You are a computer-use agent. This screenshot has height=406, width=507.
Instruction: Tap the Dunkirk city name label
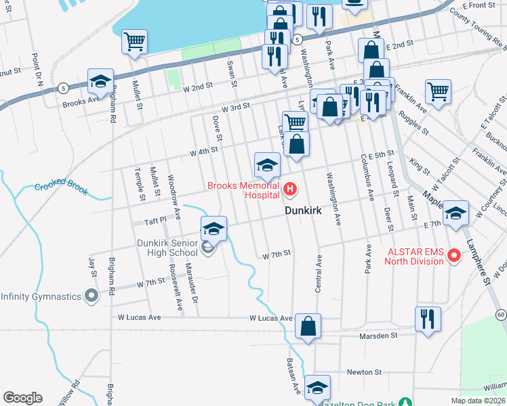click(x=302, y=211)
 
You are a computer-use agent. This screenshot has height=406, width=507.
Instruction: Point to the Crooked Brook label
click(x=62, y=187)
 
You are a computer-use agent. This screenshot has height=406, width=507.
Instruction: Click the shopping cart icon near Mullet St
click(x=134, y=42)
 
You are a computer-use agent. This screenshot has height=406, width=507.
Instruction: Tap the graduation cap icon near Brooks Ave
click(x=100, y=82)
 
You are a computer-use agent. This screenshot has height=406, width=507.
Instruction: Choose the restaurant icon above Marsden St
click(x=428, y=318)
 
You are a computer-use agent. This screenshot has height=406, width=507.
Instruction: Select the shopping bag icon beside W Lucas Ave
click(x=308, y=326)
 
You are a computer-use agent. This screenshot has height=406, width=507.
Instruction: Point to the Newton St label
click(x=365, y=371)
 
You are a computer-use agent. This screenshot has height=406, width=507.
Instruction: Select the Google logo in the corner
click(x=22, y=398)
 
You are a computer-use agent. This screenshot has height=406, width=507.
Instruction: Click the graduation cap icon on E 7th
click(x=456, y=213)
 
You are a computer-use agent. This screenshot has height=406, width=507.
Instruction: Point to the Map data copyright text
click(x=478, y=401)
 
